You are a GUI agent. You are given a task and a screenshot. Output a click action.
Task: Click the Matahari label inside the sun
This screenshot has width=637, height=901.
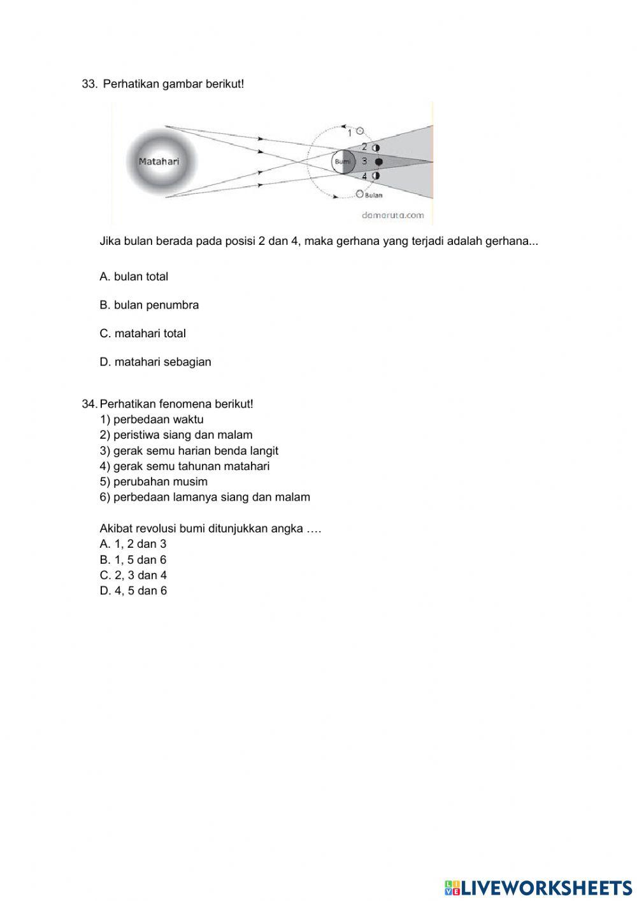(159, 161)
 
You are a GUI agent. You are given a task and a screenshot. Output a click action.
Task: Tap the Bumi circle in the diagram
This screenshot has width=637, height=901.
(343, 162)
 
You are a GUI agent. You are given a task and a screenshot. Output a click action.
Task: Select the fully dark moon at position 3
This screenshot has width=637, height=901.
(379, 162)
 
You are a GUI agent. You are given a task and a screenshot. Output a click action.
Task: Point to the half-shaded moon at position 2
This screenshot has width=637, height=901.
(376, 148)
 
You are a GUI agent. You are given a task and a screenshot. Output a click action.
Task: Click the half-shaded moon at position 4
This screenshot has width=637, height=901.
(376, 175)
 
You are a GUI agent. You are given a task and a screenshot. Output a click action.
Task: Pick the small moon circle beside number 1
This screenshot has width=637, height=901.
(360, 131)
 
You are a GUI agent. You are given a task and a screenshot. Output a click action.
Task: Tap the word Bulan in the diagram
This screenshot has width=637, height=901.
(374, 195)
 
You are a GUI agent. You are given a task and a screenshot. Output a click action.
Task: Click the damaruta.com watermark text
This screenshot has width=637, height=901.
(392, 215)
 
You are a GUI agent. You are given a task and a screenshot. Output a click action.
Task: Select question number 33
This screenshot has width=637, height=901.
(89, 84)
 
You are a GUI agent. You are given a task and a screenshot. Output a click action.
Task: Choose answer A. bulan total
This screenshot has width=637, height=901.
(134, 277)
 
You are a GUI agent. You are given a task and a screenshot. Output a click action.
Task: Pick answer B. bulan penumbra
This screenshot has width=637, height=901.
(149, 305)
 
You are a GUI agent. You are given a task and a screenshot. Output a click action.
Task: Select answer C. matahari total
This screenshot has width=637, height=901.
(143, 333)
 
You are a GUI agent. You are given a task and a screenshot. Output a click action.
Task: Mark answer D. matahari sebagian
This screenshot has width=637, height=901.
(155, 362)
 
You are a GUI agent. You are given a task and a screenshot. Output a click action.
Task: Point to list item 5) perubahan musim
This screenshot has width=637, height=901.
(154, 481)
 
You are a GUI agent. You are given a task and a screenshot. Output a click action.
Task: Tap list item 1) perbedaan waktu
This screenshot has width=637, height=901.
(152, 420)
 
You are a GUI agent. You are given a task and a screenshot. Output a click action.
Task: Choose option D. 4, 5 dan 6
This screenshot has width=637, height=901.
(133, 590)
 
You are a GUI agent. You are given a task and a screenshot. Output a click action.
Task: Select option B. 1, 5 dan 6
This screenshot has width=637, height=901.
(133, 560)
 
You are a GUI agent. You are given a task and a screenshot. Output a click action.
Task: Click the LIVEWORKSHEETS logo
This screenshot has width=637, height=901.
(538, 887)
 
